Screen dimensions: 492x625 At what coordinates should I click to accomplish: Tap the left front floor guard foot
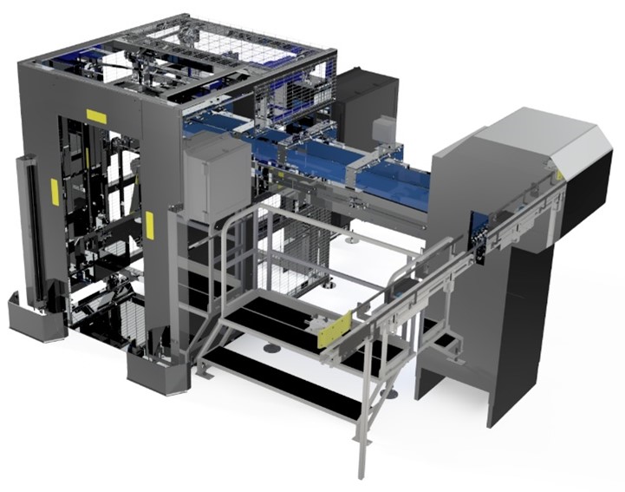click(x=36, y=317)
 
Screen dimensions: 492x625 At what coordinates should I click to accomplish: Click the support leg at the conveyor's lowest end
click(x=358, y=443)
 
